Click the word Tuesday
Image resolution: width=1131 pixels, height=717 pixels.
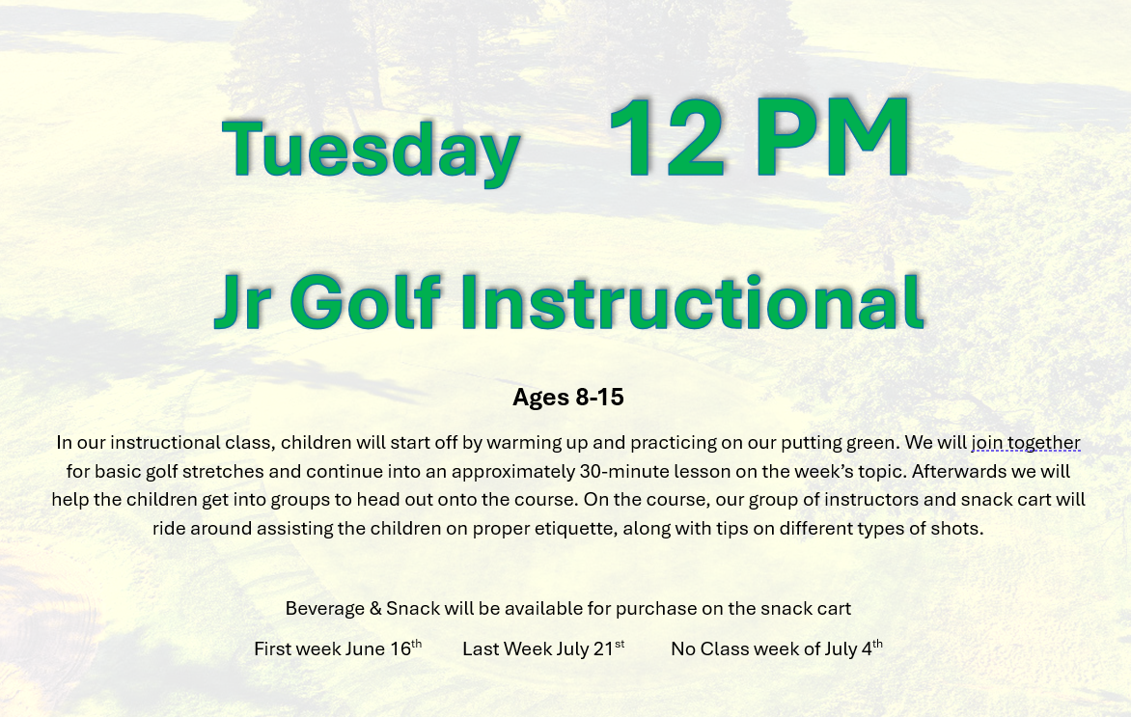tap(371, 150)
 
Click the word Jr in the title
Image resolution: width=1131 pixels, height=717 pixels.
tap(243, 301)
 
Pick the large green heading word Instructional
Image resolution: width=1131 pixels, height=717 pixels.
tap(691, 300)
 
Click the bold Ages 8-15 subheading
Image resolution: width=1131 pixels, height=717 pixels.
tap(567, 397)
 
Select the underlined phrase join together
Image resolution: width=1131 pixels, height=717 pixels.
tap(1026, 442)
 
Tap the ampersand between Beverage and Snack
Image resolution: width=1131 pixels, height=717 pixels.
tap(375, 609)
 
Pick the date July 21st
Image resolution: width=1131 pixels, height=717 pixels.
tap(591, 648)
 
